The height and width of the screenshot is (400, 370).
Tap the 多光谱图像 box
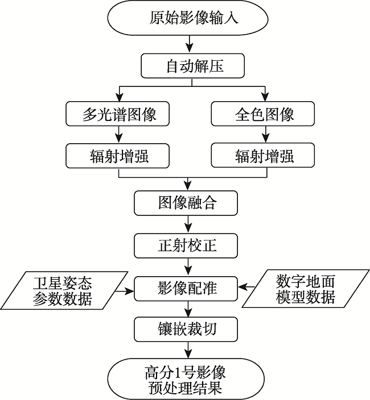click(118, 114)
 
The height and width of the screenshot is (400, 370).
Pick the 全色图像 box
click(264, 114)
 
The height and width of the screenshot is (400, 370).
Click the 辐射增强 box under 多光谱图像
click(118, 155)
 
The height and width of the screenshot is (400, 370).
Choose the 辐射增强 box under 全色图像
click(264, 155)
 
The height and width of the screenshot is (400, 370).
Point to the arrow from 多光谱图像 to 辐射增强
click(118, 134)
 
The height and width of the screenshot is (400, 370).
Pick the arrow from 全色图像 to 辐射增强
click(264, 134)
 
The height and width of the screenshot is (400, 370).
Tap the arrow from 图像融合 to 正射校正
click(187, 224)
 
